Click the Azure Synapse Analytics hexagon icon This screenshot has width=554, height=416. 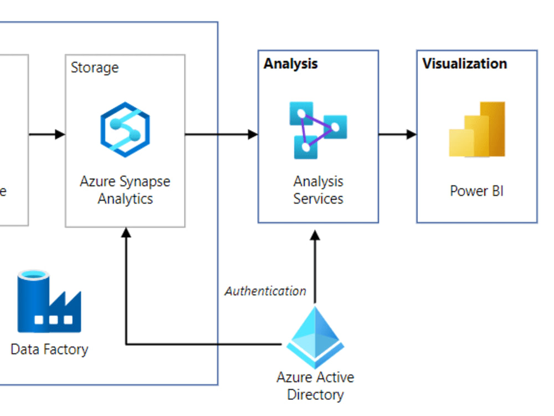point(125,130)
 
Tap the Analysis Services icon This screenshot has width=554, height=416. point(318,130)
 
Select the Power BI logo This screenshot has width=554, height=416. point(477,130)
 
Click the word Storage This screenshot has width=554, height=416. point(95,68)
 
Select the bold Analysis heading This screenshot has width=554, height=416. point(291,64)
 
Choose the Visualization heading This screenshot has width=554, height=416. point(465,64)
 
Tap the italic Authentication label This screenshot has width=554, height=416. point(265,291)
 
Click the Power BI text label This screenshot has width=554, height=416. point(476,191)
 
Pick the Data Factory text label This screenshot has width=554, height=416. point(49,349)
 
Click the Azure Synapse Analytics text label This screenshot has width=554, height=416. point(125,190)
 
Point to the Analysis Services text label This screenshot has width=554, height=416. point(318,190)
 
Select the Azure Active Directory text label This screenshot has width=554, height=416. point(315,386)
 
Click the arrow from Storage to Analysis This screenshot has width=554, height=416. point(221,134)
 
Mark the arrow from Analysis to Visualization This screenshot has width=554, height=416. point(397,134)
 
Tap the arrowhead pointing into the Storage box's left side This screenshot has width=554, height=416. point(60,134)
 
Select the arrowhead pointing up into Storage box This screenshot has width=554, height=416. point(126,232)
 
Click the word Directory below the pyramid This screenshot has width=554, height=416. point(315,395)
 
